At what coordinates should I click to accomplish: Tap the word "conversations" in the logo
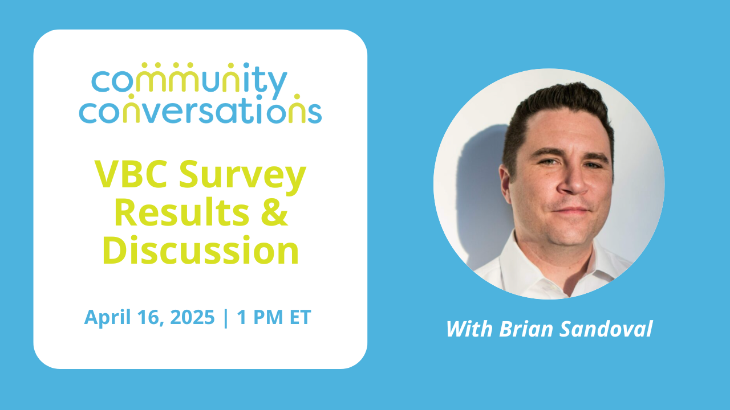pyautogui.click(x=200, y=109)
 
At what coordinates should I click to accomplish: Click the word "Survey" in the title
pyautogui.click(x=242, y=177)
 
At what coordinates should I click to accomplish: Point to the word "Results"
pyautogui.click(x=182, y=212)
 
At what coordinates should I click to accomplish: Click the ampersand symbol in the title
pyautogui.click(x=274, y=212)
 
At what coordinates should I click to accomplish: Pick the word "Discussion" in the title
pyautogui.click(x=200, y=249)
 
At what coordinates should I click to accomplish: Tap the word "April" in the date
pyautogui.click(x=108, y=318)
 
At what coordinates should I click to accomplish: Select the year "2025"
pyautogui.click(x=192, y=317)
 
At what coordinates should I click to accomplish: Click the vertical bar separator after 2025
pyautogui.click(x=225, y=318)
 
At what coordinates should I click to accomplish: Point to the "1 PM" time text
pyautogui.click(x=259, y=317)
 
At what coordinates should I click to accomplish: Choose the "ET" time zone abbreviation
pyautogui.click(x=300, y=317)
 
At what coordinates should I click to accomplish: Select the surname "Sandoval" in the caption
pyautogui.click(x=606, y=329)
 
